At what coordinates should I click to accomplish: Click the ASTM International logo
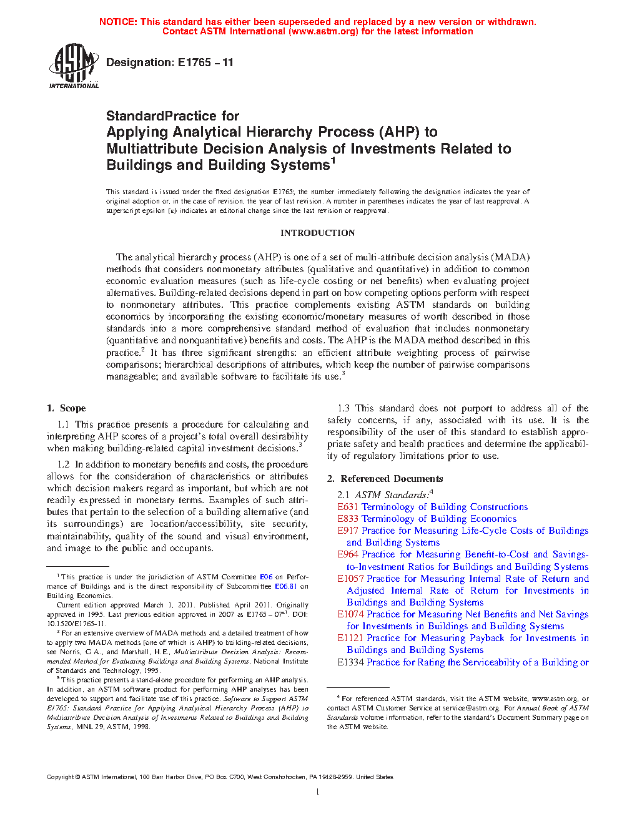pos(73,66)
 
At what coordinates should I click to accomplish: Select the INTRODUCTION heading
pos(317,233)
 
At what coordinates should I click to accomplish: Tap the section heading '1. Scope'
pos(66,408)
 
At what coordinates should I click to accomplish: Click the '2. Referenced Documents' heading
pos(385,479)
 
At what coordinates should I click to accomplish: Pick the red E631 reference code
pos(348,507)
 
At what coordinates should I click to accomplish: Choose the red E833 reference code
pos(348,519)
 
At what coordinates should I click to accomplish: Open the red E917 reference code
pos(348,531)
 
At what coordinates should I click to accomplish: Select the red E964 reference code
pos(348,554)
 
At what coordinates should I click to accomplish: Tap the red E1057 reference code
pos(350,579)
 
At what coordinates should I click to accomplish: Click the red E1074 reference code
pos(350,614)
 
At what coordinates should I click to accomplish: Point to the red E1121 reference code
pos(350,638)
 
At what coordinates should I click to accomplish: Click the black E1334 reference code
pos(350,662)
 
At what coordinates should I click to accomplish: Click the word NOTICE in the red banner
pos(118,22)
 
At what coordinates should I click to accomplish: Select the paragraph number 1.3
pos(343,408)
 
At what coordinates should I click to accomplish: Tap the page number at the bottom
pos(318,792)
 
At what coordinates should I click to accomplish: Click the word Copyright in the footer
pos(61,777)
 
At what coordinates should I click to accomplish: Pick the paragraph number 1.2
pos(63,464)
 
